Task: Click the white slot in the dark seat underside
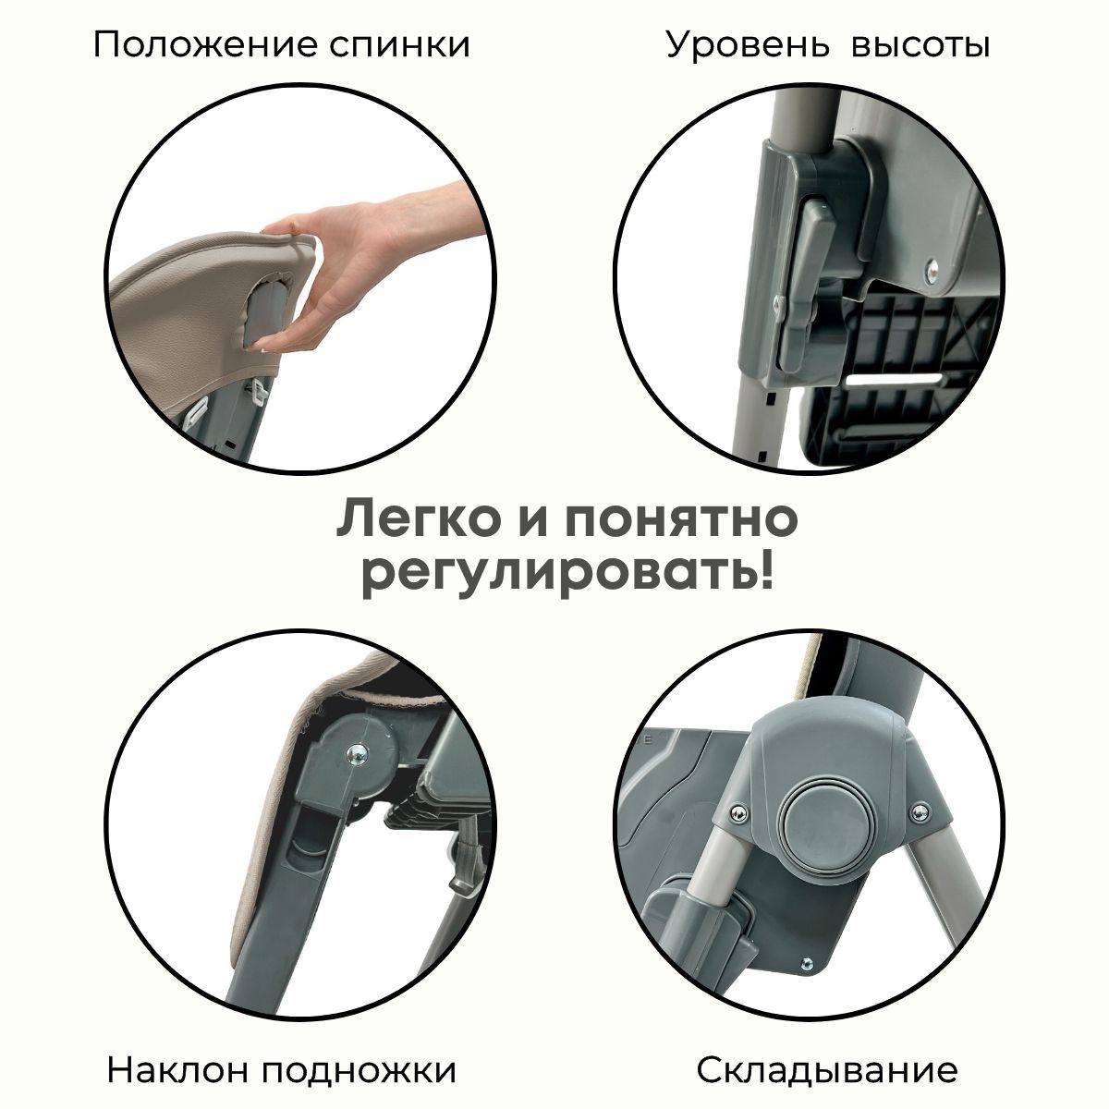click(x=895, y=378)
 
